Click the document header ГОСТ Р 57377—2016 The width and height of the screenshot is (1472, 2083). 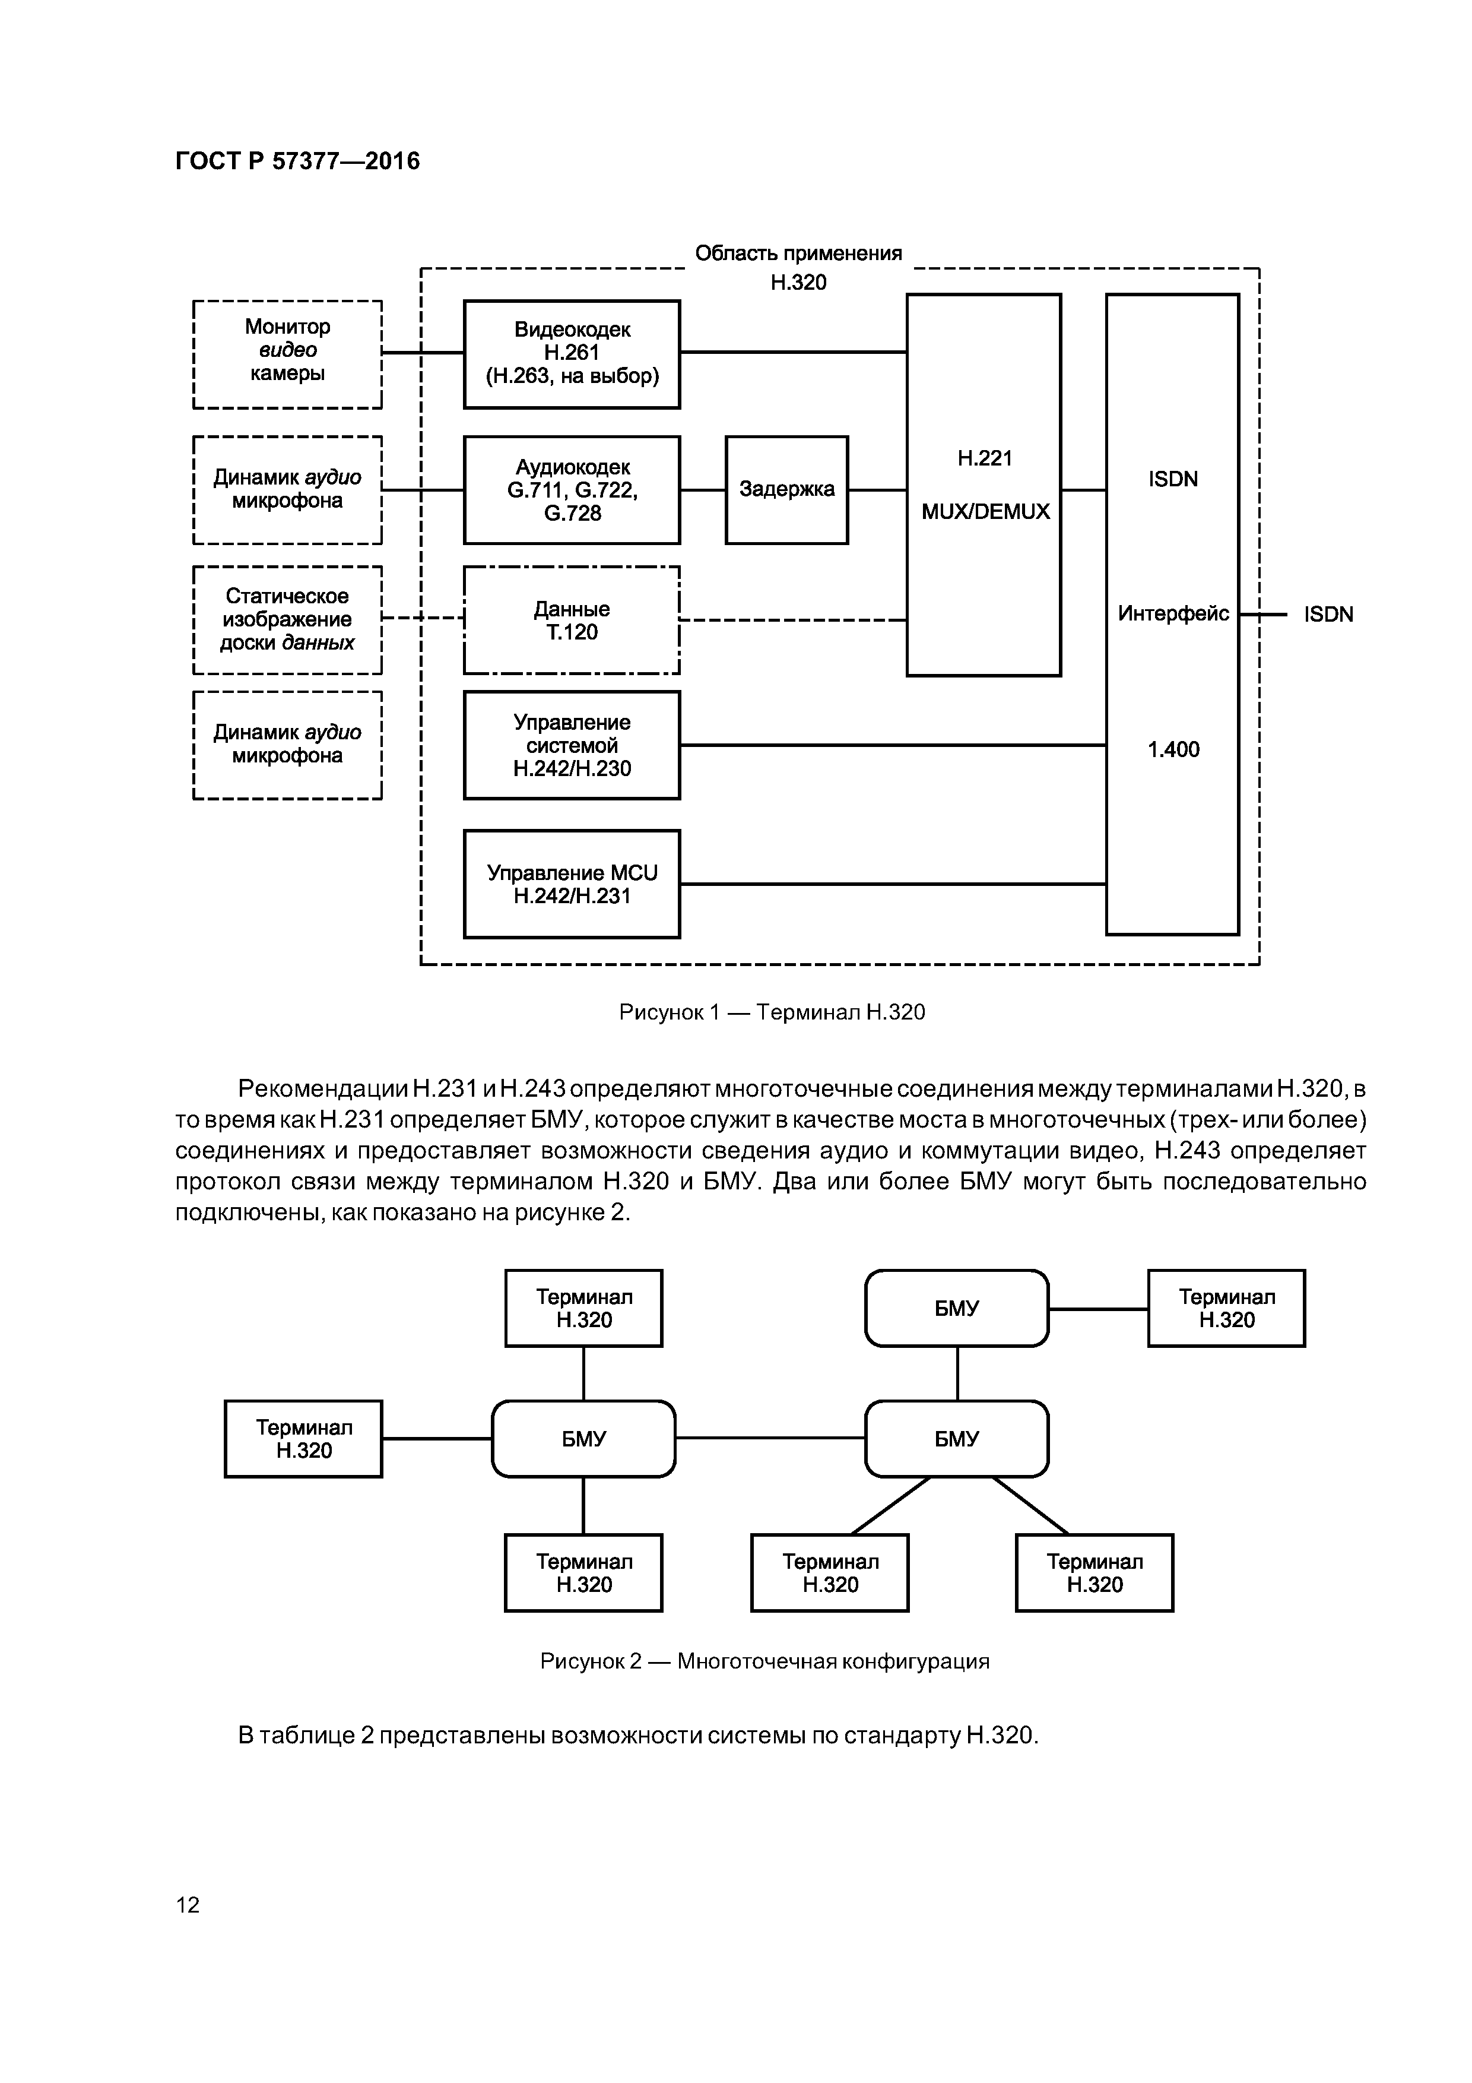coord(297,162)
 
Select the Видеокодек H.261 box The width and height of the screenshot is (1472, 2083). coord(572,354)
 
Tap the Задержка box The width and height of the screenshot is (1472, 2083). coord(786,490)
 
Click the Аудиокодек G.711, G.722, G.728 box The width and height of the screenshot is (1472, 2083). coord(572,490)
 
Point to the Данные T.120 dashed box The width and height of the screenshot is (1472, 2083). coord(572,621)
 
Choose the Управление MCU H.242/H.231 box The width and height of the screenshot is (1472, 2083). coord(572,884)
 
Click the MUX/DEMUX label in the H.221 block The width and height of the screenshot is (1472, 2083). coord(985,512)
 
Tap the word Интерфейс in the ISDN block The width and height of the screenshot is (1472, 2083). coord(1173,614)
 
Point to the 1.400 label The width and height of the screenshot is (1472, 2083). coord(1173,749)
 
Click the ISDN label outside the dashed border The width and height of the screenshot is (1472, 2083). coord(1328,615)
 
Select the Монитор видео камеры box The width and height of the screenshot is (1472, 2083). coord(287,354)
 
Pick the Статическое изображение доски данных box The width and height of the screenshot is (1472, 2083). coord(287,621)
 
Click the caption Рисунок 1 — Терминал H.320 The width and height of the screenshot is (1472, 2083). coord(772,1012)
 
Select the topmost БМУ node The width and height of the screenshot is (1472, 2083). coord(957,1308)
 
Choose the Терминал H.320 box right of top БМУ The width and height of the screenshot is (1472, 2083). coord(1226,1308)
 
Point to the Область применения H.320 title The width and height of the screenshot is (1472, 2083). coord(798,267)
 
